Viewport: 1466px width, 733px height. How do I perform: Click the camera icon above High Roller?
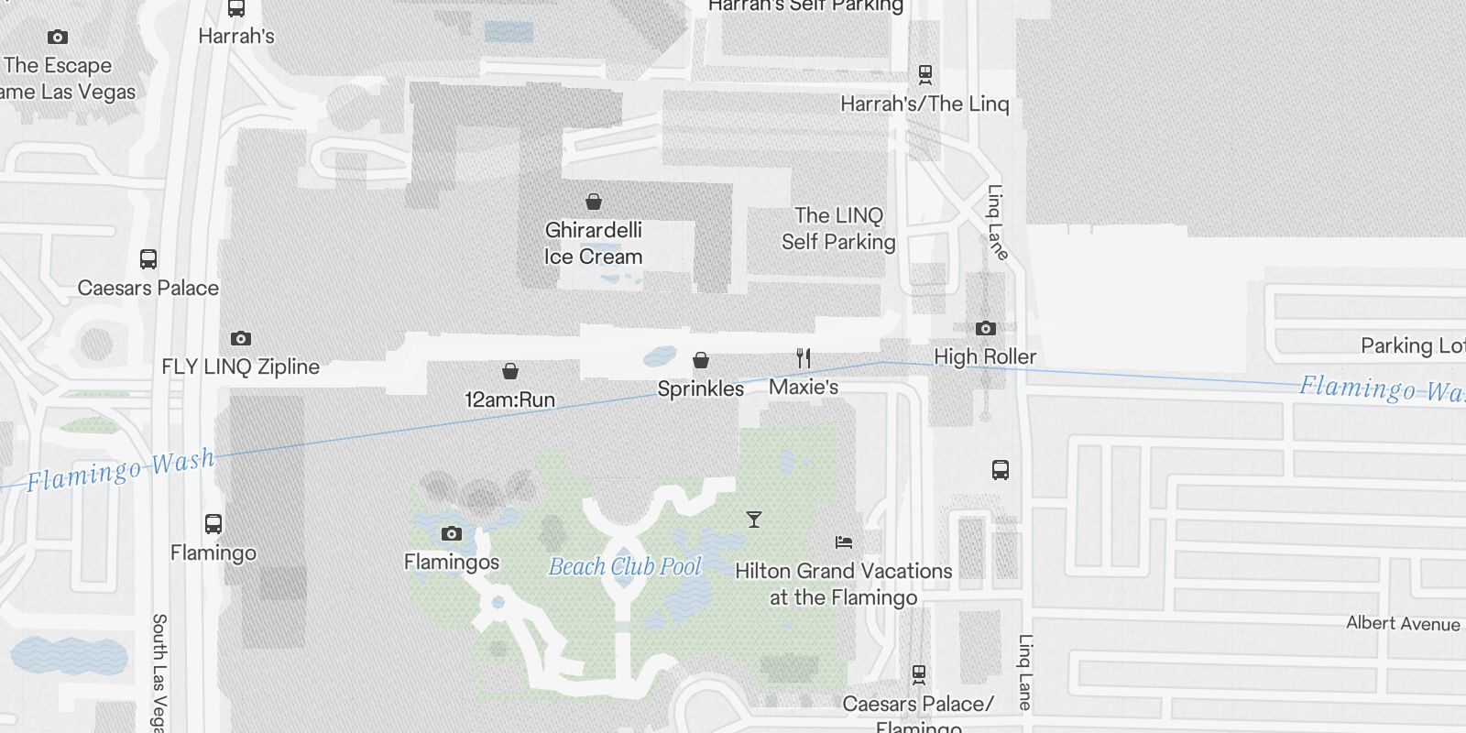[985, 328]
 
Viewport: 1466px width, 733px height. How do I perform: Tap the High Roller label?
[985, 356]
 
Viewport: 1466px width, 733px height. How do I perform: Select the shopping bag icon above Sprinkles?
[701, 360]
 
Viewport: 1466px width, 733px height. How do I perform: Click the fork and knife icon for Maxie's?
[804, 357]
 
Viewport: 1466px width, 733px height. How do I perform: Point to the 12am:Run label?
[509, 399]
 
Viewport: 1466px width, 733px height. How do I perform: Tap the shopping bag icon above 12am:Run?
[510, 371]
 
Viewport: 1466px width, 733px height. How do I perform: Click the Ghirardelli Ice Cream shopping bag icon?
[594, 202]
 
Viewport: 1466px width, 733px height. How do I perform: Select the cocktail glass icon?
[754, 520]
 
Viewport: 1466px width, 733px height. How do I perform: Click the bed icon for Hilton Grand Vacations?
[844, 542]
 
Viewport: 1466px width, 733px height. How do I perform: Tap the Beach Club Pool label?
[625, 567]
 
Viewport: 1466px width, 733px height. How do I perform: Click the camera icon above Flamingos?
[452, 533]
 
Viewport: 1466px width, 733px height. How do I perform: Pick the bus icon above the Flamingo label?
[213, 524]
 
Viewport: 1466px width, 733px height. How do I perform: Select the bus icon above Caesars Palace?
[148, 259]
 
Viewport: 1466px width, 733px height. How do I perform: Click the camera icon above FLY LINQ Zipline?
[241, 338]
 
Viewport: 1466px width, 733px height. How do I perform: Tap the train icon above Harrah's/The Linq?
[925, 74]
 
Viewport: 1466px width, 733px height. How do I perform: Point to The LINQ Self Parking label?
[838, 228]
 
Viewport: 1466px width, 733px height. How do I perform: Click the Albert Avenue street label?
[1403, 624]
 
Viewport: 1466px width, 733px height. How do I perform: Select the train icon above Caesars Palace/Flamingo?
[919, 674]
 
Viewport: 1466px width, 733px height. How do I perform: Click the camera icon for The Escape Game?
[58, 38]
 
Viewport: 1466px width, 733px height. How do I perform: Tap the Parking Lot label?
[1412, 345]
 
